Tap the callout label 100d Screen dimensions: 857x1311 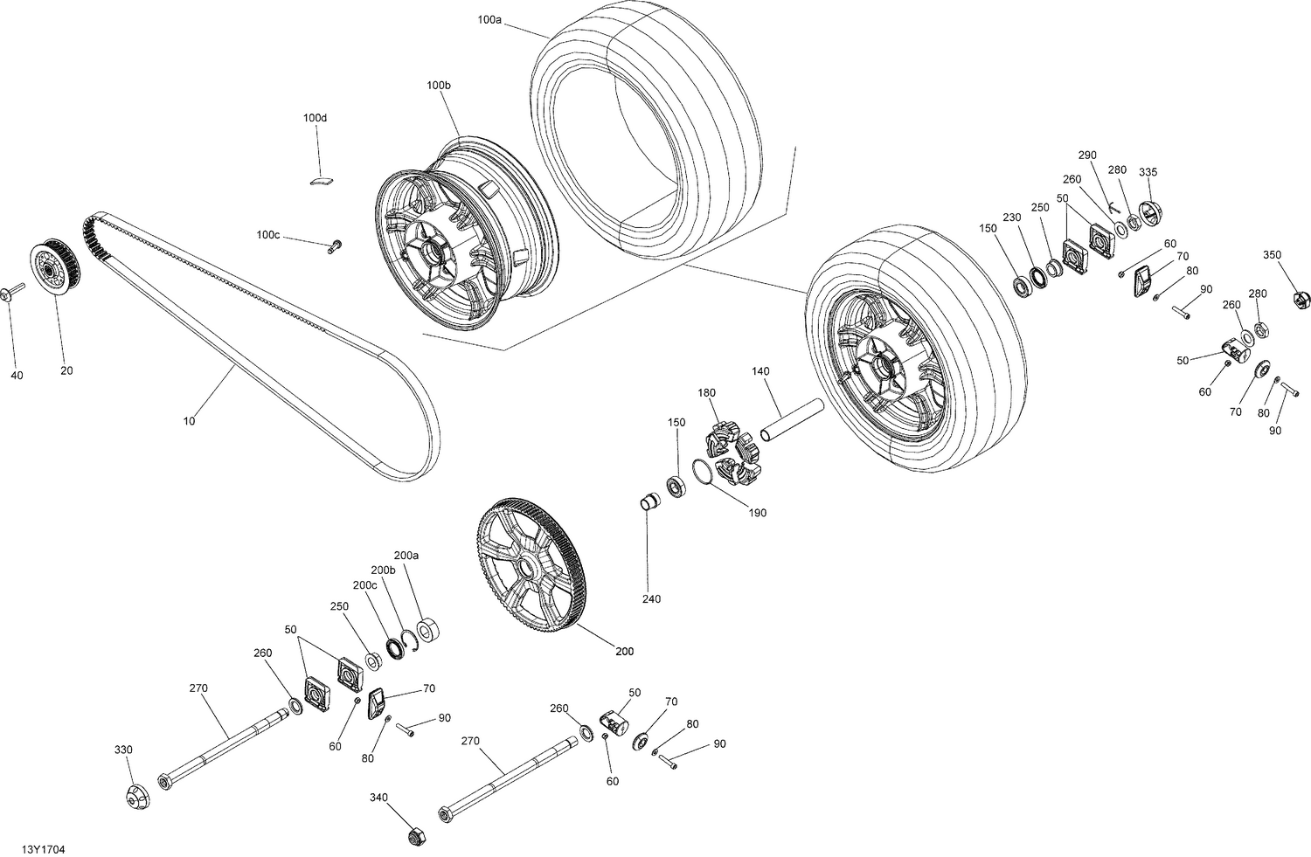[315, 118]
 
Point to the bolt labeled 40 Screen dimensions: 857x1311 [14, 292]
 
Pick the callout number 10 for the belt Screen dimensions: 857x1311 [190, 421]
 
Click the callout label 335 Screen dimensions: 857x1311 [1148, 172]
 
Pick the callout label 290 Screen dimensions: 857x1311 [1086, 155]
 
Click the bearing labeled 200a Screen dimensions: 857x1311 [428, 630]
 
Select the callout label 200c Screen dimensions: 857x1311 [364, 584]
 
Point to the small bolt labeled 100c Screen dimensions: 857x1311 [334, 247]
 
